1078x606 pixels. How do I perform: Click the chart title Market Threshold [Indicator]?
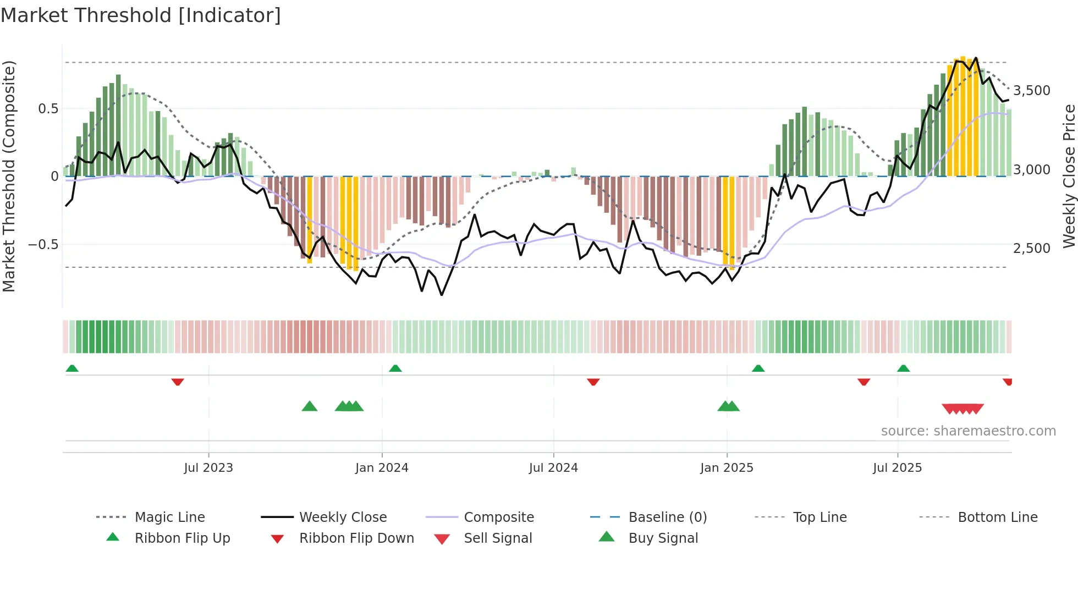(x=141, y=15)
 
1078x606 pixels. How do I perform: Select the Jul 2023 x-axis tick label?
(x=208, y=468)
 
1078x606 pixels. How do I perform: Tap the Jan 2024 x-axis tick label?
(x=382, y=468)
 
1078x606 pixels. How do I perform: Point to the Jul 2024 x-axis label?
(x=553, y=468)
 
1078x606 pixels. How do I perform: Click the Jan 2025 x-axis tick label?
(x=727, y=468)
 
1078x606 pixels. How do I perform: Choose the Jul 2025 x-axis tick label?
(x=897, y=468)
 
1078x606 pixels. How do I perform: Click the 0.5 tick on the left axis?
(x=48, y=109)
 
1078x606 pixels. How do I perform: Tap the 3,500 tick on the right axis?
(x=1032, y=91)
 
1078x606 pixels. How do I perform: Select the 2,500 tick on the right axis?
(x=1032, y=249)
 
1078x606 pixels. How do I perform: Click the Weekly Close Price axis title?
(x=1069, y=176)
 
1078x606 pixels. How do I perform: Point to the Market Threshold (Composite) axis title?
(x=9, y=176)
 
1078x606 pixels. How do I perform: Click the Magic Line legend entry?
(x=169, y=517)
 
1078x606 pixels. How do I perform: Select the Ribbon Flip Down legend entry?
(x=356, y=538)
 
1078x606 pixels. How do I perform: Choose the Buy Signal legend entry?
(x=663, y=538)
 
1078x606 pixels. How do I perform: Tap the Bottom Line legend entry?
(x=997, y=517)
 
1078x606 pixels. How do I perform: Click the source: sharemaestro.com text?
(x=968, y=431)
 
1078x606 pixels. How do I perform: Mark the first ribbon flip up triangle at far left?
(x=72, y=368)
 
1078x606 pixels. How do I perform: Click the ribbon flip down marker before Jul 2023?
(x=177, y=382)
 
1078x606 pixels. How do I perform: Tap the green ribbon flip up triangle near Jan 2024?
(x=395, y=368)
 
